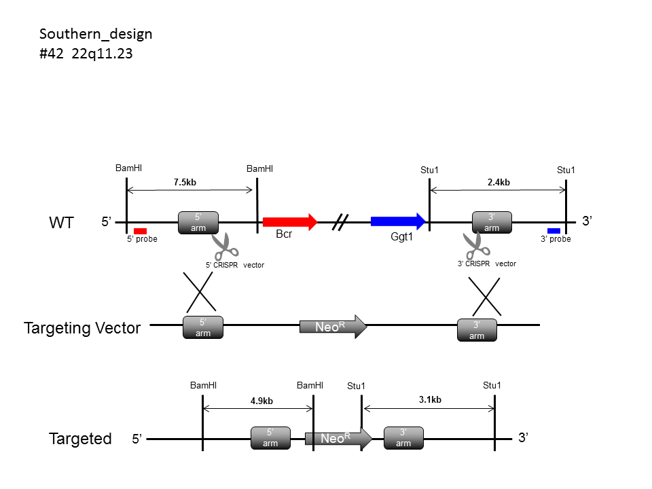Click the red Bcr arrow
pos(290,221)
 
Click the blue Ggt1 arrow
pos(398,221)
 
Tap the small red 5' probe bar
pos(140,231)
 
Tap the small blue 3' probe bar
pos(554,231)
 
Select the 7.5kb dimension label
pos(185,183)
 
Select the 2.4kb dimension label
pos(499,183)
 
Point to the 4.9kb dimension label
pos(261,401)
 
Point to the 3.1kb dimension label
pos(430,400)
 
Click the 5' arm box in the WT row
pos(198,223)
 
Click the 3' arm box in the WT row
pos(492,223)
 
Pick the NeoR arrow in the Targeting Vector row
pos(333,327)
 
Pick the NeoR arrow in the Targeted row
pos(338,438)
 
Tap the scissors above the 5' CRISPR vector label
pos(225,246)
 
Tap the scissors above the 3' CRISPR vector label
pos(477,245)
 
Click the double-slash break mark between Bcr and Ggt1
pos(340,222)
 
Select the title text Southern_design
pos(96,34)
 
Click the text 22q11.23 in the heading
pos(102,54)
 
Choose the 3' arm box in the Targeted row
pos(403,438)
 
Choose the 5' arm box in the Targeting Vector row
pos(203,327)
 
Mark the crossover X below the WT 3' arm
pos(485,297)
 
